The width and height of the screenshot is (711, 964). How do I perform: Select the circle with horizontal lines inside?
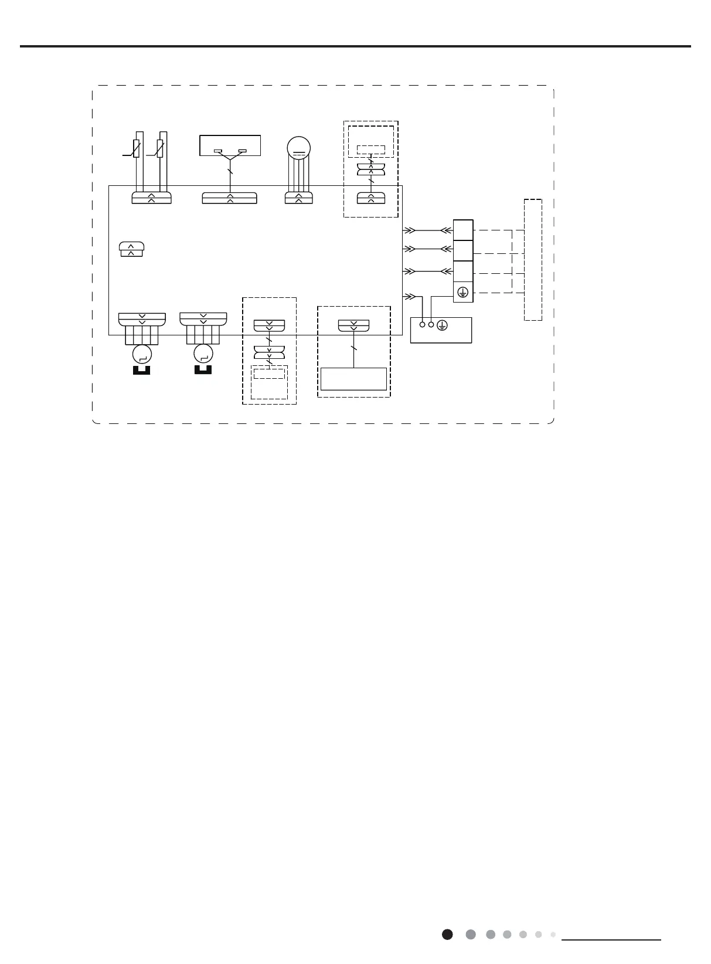point(299,148)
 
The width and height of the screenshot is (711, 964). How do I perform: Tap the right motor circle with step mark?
point(203,353)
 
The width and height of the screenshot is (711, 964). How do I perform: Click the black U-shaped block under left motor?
point(142,370)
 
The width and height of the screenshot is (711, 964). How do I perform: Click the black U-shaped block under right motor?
point(203,369)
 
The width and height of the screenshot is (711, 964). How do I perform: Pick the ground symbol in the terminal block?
point(463,292)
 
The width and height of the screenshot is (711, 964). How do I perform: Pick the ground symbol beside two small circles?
point(443,325)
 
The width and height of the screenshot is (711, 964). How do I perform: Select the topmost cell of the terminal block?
point(463,230)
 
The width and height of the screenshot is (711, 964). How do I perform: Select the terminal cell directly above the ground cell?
point(463,271)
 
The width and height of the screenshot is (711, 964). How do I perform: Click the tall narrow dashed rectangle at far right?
point(533,259)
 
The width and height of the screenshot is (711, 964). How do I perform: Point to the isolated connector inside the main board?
point(131,249)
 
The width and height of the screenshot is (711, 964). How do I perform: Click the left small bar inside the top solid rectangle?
point(217,151)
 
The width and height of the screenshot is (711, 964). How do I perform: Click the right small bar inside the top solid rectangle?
point(243,151)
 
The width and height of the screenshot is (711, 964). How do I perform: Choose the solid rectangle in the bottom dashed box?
point(353,379)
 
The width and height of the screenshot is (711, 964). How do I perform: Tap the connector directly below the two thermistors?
point(151,198)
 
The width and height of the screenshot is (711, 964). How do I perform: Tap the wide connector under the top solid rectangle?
point(230,198)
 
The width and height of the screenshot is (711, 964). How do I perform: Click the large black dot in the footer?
point(447,934)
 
